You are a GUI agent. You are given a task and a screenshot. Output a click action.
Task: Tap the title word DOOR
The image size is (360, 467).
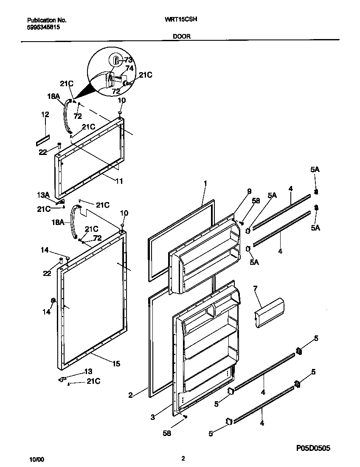tap(181, 37)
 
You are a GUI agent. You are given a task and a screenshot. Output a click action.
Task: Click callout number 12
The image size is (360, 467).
tap(45, 115)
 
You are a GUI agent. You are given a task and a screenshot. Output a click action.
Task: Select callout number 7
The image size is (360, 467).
tap(255, 289)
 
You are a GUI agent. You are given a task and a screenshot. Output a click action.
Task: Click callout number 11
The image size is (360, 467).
tap(119, 181)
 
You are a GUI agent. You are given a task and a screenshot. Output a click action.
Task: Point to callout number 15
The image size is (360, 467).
tap(116, 363)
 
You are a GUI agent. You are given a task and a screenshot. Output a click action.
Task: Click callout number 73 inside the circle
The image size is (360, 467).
tap(128, 60)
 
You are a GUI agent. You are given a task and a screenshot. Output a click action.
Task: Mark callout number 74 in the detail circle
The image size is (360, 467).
tap(129, 68)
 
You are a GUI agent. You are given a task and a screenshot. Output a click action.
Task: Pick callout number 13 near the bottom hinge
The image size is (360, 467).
tap(88, 371)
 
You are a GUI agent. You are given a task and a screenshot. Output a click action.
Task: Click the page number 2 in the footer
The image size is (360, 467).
tap(183, 459)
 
